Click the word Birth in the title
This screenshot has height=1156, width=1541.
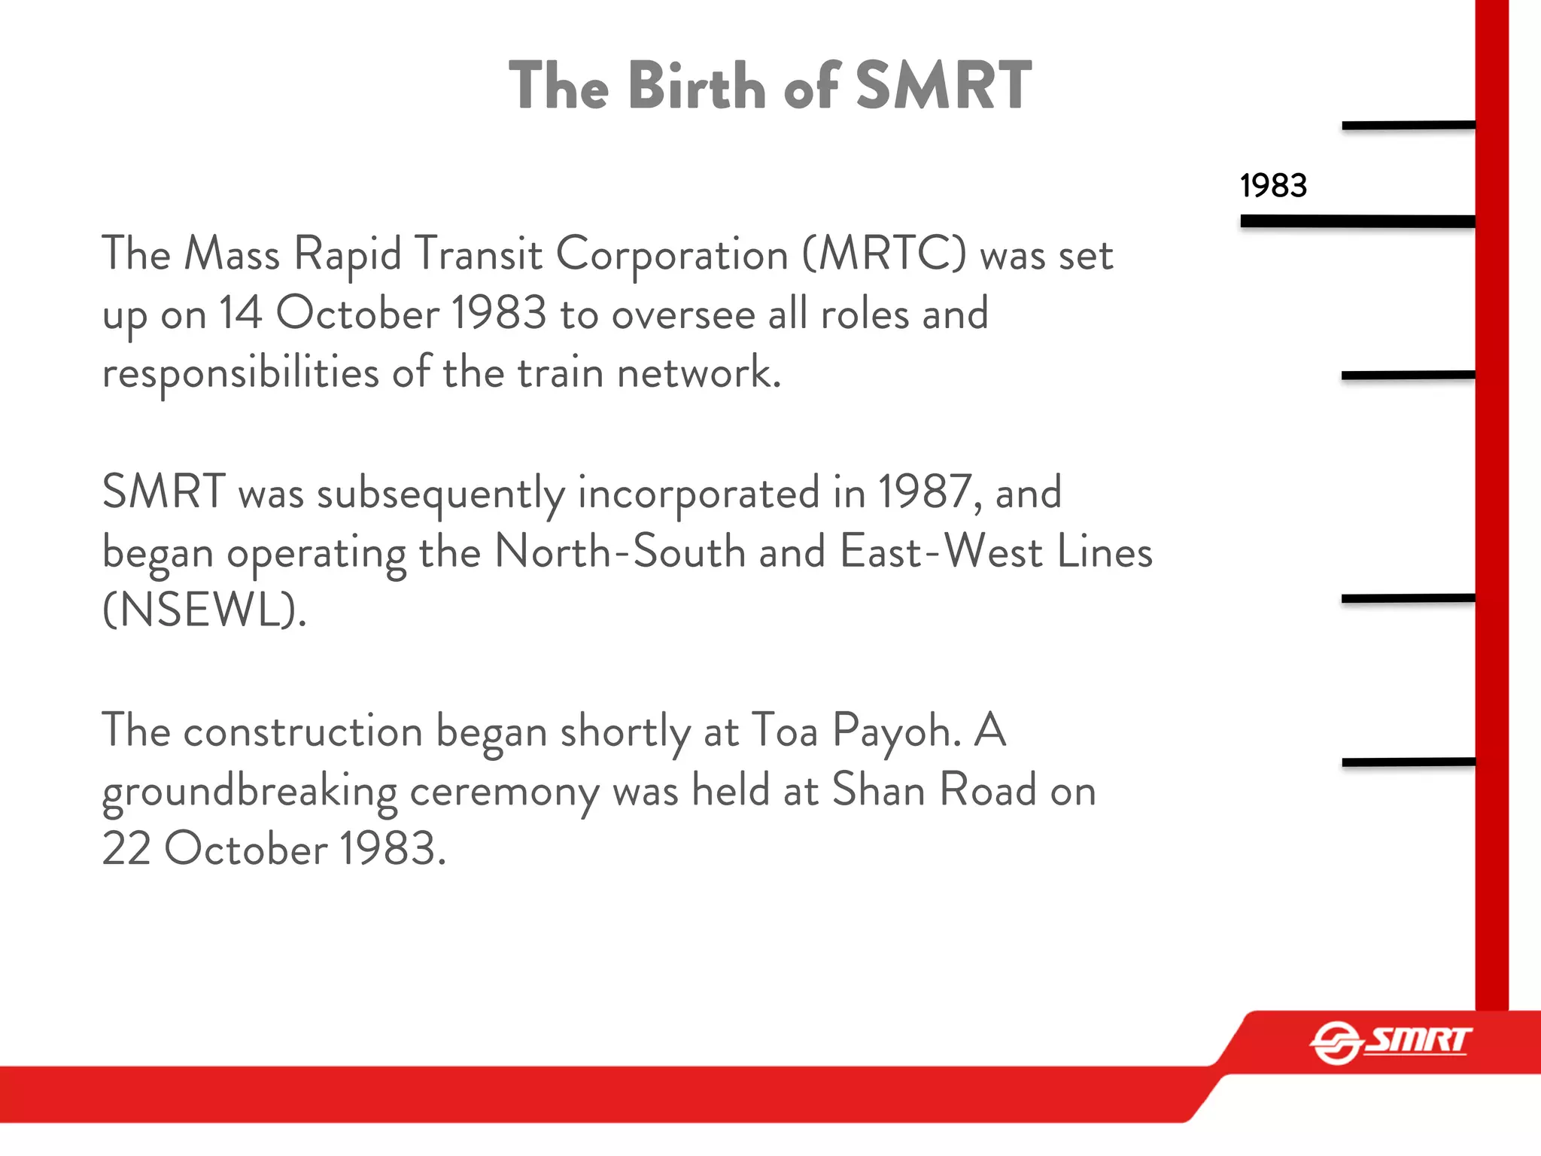point(697,86)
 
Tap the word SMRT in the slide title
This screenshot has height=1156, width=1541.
point(944,86)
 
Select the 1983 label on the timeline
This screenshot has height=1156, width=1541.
point(1273,185)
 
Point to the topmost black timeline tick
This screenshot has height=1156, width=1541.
point(1408,125)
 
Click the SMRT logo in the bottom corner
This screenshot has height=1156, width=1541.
point(1391,1042)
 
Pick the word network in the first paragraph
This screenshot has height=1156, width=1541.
point(699,373)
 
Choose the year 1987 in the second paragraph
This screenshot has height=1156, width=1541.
point(929,492)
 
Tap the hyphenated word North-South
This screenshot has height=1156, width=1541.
point(620,552)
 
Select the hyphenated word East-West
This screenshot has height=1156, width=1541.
point(941,552)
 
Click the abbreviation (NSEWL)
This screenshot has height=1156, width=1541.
point(204,610)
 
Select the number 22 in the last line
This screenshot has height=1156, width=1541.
point(126,850)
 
